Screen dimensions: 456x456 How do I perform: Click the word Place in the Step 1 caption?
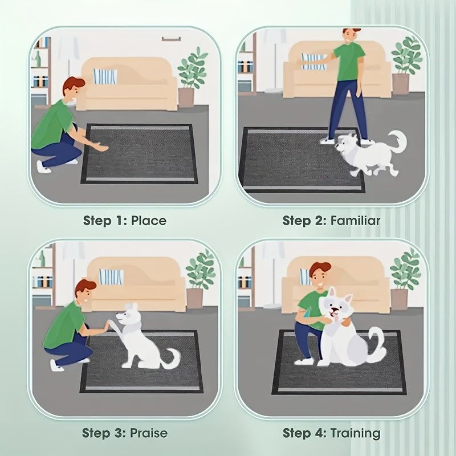click(149, 220)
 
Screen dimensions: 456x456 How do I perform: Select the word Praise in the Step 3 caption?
click(149, 433)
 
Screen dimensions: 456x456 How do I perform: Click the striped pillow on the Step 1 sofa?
click(105, 76)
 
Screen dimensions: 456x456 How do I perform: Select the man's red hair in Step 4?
click(320, 267)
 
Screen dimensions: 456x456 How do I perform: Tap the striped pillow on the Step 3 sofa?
click(112, 276)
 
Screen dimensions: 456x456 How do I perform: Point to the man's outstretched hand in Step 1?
click(102, 148)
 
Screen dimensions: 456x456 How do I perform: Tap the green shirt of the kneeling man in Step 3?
click(64, 325)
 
